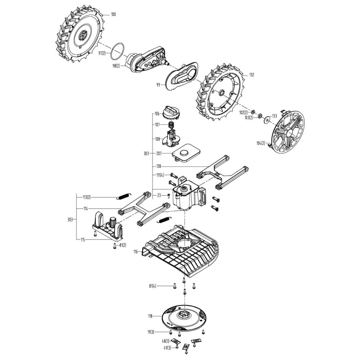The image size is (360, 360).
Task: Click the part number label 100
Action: coord(113,15)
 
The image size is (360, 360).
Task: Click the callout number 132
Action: coord(252,74)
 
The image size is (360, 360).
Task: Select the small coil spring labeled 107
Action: coord(171,125)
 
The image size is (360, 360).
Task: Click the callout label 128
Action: coord(158,166)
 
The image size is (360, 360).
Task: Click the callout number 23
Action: coord(159,196)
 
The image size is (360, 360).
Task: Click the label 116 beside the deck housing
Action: coord(135,252)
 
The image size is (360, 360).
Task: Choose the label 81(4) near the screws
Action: coord(153,286)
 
